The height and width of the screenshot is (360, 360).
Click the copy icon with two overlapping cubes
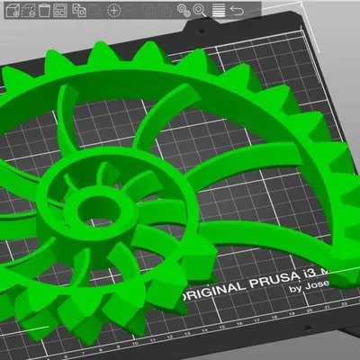pyautogui.click(x=79, y=10)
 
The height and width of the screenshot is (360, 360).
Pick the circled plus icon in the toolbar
pyautogui.click(x=114, y=10)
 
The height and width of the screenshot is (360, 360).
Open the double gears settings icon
pyautogui.click(x=184, y=10)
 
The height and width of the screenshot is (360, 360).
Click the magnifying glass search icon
pyautogui.click(x=201, y=10)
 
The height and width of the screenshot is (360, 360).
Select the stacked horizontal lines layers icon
pyautogui.click(x=218, y=10)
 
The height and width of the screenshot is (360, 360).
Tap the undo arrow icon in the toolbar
pyautogui.click(x=237, y=10)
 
